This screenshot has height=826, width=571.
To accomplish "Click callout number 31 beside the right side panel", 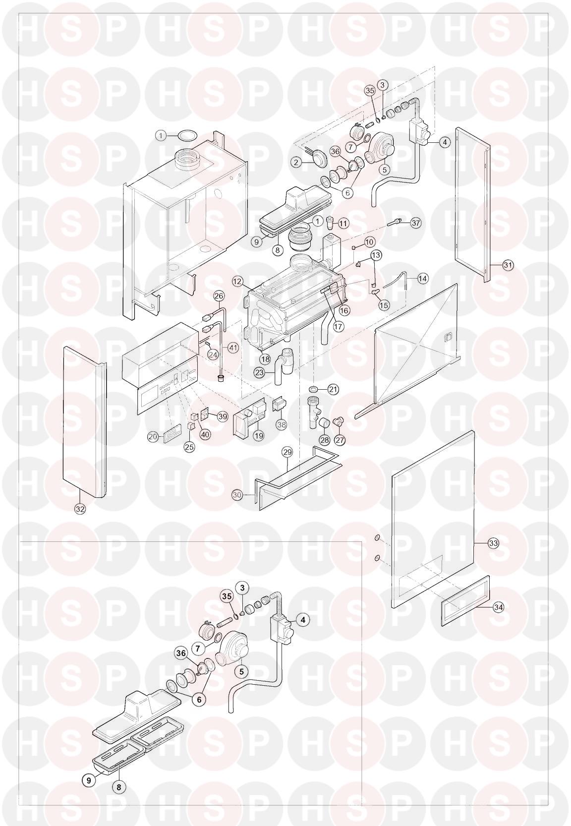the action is click(x=508, y=265).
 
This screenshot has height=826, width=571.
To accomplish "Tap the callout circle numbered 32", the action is click(x=80, y=509).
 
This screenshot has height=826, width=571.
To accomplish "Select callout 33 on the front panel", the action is click(x=493, y=543).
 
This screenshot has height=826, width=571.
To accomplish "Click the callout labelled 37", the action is click(x=416, y=223).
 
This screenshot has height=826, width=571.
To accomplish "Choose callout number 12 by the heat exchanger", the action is click(x=237, y=282).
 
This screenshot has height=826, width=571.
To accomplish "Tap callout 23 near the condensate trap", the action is click(x=260, y=373).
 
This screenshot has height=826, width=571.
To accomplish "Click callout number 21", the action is click(x=333, y=389).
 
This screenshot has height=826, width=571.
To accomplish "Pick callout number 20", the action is click(x=153, y=437).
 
